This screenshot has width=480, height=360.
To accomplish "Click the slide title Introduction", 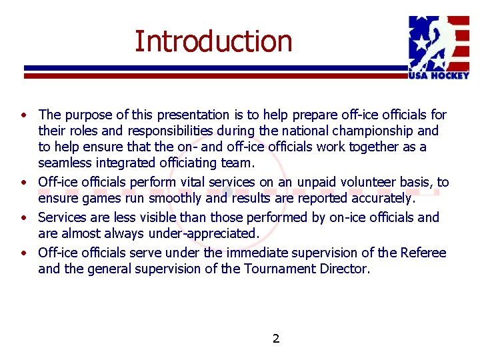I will point(213,41).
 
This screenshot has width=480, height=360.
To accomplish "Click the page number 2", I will point(276,339).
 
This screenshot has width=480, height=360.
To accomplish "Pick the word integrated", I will point(127,163).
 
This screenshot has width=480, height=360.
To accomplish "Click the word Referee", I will point(423,253).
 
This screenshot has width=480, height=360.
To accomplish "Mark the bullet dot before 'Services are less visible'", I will point(23,218).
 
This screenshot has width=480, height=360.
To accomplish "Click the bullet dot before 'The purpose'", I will point(23,115).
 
